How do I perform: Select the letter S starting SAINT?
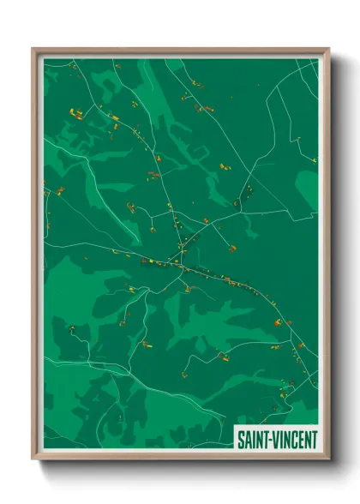pos(241,439)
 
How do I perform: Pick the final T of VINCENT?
pos(314,439)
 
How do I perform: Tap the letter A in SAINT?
pos(248,439)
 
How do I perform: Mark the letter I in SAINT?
pos(254,439)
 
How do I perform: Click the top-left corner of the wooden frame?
pos(33,49)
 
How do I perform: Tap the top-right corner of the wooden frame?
pos(327,49)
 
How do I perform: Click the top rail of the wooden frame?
pos(180,50)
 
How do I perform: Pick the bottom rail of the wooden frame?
pos(180,458)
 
